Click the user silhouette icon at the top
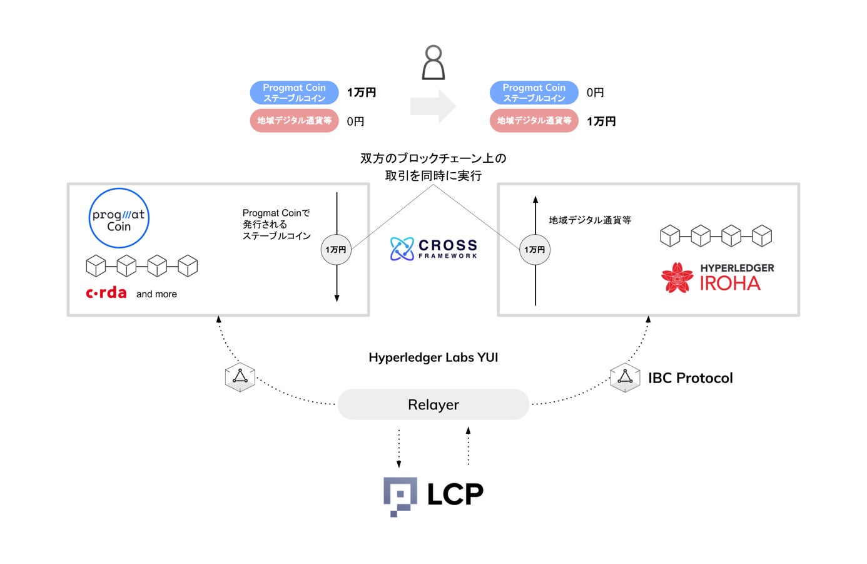[433, 63]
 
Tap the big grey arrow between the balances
[433, 106]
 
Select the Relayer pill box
[433, 404]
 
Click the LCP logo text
[455, 495]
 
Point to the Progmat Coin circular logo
[119, 218]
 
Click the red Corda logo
[106, 293]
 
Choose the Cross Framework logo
[433, 249]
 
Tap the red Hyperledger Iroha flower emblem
[677, 277]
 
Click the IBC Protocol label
[691, 378]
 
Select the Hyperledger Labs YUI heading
[433, 357]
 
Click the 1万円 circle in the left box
[336, 250]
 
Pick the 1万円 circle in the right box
[534, 250]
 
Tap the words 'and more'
[156, 294]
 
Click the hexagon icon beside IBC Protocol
[625, 377]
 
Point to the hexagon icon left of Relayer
[240, 377]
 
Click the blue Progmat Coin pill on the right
[534, 93]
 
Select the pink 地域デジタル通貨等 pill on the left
[294, 121]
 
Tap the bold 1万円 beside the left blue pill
[362, 93]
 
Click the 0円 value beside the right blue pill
[595, 93]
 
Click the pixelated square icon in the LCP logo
[400, 496]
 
